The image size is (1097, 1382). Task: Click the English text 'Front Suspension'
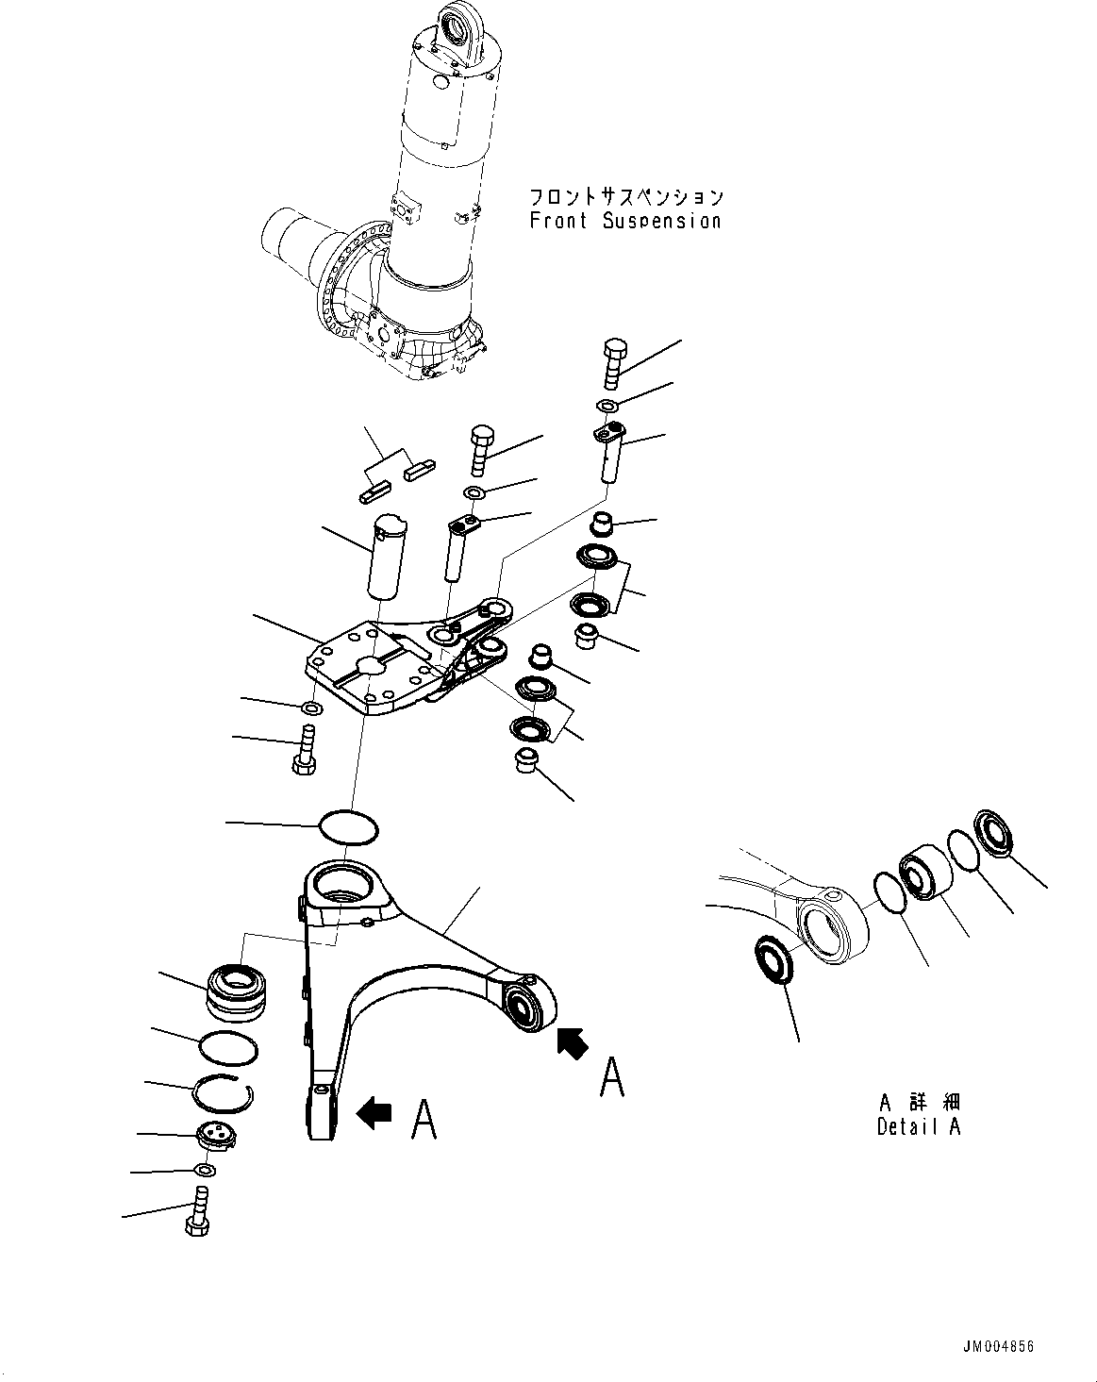coord(624,222)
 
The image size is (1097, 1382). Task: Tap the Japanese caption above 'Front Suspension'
coord(625,196)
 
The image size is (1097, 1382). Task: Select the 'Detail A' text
coord(918,1126)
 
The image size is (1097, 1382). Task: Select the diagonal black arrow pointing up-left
coord(571,1043)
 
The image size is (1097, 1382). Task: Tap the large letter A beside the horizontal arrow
coord(424,1120)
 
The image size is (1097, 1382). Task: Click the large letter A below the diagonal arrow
coord(612,1076)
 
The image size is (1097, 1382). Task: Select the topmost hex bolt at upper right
coord(610,362)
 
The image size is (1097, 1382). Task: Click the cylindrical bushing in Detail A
coord(924,874)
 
